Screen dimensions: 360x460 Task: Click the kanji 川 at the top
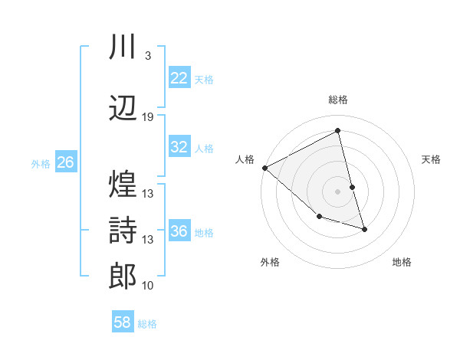(123, 47)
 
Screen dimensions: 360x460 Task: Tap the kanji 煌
(123, 184)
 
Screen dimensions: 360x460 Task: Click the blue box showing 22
(179, 78)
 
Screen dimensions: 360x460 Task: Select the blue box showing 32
(179, 148)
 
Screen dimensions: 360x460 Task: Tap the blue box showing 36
(179, 232)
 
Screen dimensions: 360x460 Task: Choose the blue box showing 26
(65, 162)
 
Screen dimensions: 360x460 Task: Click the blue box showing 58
(123, 322)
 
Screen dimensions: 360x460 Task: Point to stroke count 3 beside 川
(147, 56)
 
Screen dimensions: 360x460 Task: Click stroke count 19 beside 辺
(148, 117)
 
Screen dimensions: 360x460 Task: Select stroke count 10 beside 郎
(148, 286)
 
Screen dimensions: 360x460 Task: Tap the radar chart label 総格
(338, 100)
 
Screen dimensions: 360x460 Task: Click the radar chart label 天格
(431, 159)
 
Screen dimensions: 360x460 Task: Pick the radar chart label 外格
(270, 262)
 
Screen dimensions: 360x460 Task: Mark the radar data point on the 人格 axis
(264, 168)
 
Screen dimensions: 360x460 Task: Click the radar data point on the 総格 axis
(338, 131)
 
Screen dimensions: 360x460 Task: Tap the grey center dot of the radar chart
(337, 191)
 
